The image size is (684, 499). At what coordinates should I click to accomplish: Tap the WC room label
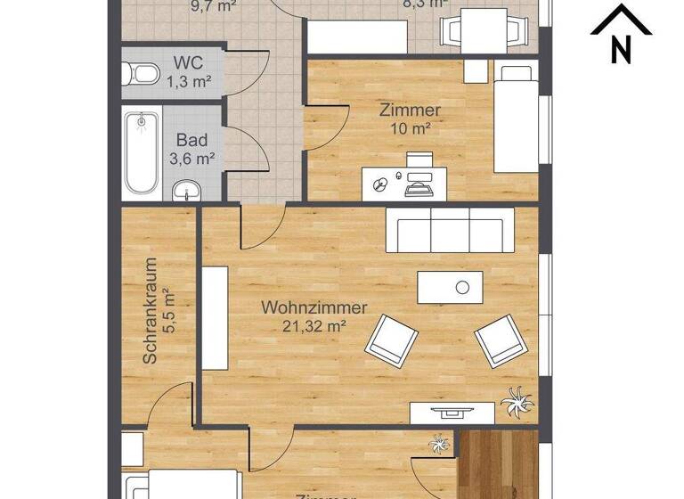coord(187,64)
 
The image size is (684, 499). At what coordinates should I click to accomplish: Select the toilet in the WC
coord(139,73)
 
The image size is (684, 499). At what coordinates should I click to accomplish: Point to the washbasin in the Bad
coord(187,188)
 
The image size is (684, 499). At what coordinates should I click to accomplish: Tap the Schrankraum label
coord(150,310)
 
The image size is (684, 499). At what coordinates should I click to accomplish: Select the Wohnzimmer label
coord(313,307)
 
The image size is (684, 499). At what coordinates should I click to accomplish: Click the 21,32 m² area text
coord(313,326)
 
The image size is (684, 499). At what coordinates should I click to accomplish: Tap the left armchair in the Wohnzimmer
coord(391,339)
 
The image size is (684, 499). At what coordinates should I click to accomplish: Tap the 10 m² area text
coord(410,128)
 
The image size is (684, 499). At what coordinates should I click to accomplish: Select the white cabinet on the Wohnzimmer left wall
coord(215,318)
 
